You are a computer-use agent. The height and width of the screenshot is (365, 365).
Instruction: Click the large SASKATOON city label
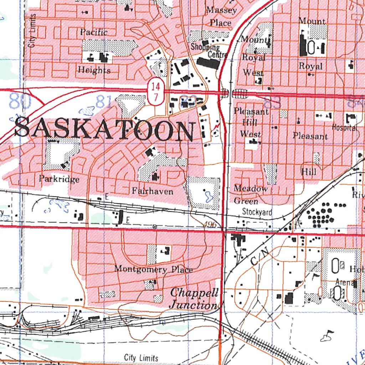105,130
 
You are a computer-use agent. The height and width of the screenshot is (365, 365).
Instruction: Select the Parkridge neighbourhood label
59,179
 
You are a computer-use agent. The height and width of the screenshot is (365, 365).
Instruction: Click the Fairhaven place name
153,191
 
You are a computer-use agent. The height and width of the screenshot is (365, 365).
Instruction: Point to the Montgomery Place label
153,269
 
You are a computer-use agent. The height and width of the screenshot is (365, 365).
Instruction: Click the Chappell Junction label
194,299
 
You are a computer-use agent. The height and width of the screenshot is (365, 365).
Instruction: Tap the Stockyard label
257,212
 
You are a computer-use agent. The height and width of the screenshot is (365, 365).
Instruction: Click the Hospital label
344,127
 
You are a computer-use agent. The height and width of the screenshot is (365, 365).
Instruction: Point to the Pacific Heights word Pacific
94,32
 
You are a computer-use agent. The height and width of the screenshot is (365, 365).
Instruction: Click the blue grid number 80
20,101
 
